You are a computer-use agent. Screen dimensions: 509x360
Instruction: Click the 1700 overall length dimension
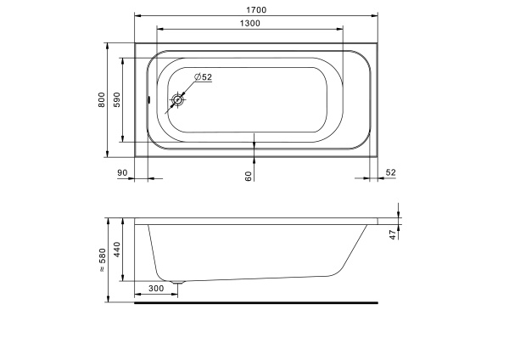[x=256, y=10]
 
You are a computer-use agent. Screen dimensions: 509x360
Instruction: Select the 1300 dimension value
[x=250, y=24]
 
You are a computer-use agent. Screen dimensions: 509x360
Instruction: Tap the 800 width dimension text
[x=102, y=100]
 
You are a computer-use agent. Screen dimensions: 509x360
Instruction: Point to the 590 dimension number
[x=117, y=99]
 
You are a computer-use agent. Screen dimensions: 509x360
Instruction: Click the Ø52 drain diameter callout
[x=203, y=77]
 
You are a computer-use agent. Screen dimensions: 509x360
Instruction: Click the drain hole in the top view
[x=177, y=99]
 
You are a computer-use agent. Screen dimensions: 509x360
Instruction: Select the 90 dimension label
[x=122, y=173]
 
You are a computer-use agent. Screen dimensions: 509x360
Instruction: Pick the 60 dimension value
[x=249, y=176]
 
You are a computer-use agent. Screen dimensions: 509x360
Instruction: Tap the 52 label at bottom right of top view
[x=391, y=172]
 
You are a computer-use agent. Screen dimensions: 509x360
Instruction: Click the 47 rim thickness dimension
[x=393, y=234]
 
